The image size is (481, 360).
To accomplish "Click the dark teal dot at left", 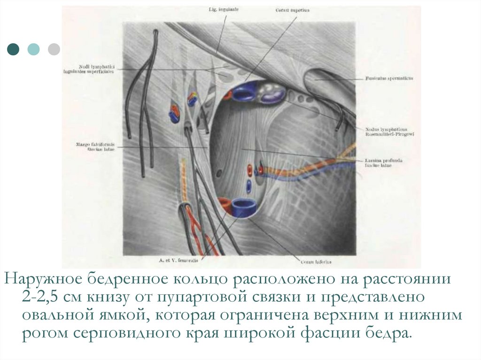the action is coord(14,49).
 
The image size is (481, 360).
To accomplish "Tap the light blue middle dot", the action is coord(34,49).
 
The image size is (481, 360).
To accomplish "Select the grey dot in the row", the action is coord(54,49).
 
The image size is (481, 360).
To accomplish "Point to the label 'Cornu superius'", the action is coord(288,9).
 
